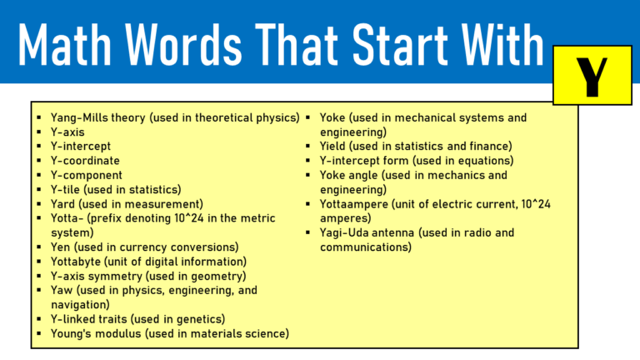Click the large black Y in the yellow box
pyautogui.click(x=592, y=76)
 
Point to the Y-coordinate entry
pyautogui.click(x=85, y=161)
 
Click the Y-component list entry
pyautogui.click(x=87, y=175)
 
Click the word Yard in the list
pyautogui.click(x=65, y=203)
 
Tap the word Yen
pyautogui.click(x=62, y=247)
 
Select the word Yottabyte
pyautogui.click(x=80, y=261)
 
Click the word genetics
pyautogui.click(x=200, y=318)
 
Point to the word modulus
pyautogui.click(x=117, y=333)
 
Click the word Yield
pyautogui.click(x=334, y=146)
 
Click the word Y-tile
pyautogui.click(x=70, y=189)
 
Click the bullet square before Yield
pyautogui.click(x=308, y=147)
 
